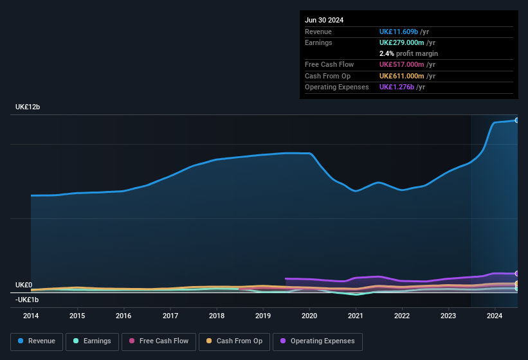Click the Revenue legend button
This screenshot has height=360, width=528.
pyautogui.click(x=37, y=341)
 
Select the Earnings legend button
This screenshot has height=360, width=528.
pyautogui.click(x=92, y=341)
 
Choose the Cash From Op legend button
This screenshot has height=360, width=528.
pyautogui.click(x=235, y=341)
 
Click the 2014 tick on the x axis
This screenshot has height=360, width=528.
pyautogui.click(x=31, y=316)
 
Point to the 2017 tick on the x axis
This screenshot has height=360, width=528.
pyautogui.click(x=170, y=316)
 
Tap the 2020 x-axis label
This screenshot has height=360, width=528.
pyautogui.click(x=309, y=316)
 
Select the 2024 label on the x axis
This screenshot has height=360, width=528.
pyautogui.click(x=495, y=316)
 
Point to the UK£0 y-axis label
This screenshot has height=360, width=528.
pyautogui.click(x=24, y=285)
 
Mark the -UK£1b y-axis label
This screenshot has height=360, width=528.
pyautogui.click(x=28, y=300)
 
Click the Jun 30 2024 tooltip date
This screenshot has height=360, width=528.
pyautogui.click(x=324, y=20)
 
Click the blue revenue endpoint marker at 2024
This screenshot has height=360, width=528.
pyautogui.click(x=516, y=120)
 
